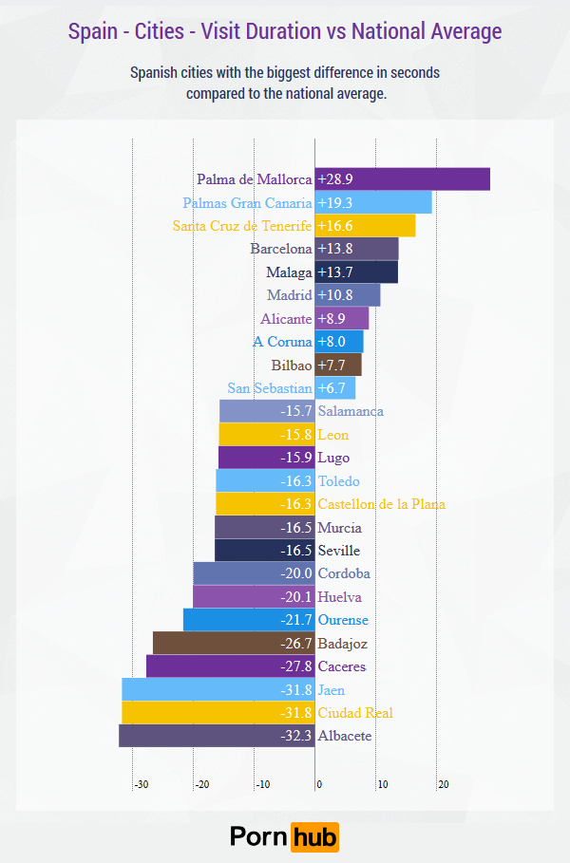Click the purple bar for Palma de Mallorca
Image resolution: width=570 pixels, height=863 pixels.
tap(403, 179)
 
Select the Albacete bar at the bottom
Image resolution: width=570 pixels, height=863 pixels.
tap(217, 736)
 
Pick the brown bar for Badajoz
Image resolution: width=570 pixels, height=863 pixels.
tap(233, 644)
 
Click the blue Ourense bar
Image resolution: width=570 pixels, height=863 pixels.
tap(248, 620)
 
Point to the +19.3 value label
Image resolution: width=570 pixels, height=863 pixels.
tap(335, 203)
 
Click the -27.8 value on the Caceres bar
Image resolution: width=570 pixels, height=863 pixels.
tap(296, 666)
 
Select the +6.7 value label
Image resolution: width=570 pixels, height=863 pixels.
tap(332, 388)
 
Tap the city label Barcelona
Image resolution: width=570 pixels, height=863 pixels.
tap(281, 249)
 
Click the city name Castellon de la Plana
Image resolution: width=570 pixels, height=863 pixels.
tap(381, 504)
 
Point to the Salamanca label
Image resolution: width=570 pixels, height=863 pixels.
tap(351, 411)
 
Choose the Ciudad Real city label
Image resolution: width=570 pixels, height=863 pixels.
tap(355, 713)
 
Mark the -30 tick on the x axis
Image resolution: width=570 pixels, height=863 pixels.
tap(141, 785)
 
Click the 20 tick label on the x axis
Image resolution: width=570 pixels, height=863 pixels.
tap(443, 785)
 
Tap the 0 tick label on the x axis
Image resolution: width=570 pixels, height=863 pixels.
tap(319, 785)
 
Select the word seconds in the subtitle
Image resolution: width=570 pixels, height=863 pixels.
tap(411, 72)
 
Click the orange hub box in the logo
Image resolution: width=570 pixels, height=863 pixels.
tap(314, 836)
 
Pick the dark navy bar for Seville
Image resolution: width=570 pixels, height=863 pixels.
tap(265, 551)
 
